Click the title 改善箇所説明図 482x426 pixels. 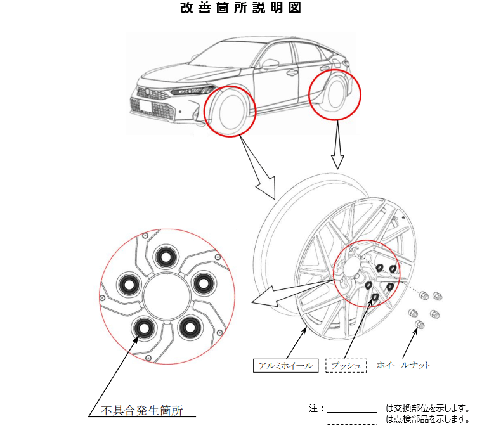(240, 8)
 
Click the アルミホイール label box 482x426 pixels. (285, 366)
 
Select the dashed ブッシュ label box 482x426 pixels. (346, 366)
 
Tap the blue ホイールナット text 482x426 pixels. (403, 365)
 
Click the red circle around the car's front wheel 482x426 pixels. (229, 112)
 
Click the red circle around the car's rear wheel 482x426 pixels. (334, 95)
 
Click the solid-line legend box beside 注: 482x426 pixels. (352, 408)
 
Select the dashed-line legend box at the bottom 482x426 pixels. (352, 419)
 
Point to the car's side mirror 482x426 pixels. (271, 63)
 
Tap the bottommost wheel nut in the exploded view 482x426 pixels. (419, 325)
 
